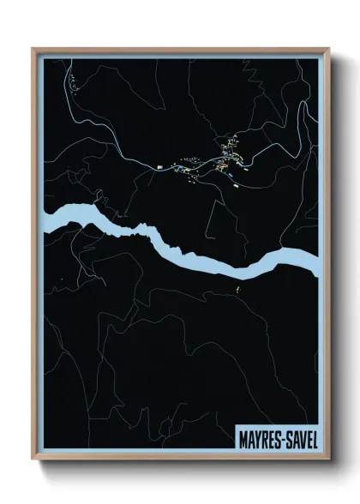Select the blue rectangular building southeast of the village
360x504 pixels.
[231, 176]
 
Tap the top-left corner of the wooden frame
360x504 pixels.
[33, 49]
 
